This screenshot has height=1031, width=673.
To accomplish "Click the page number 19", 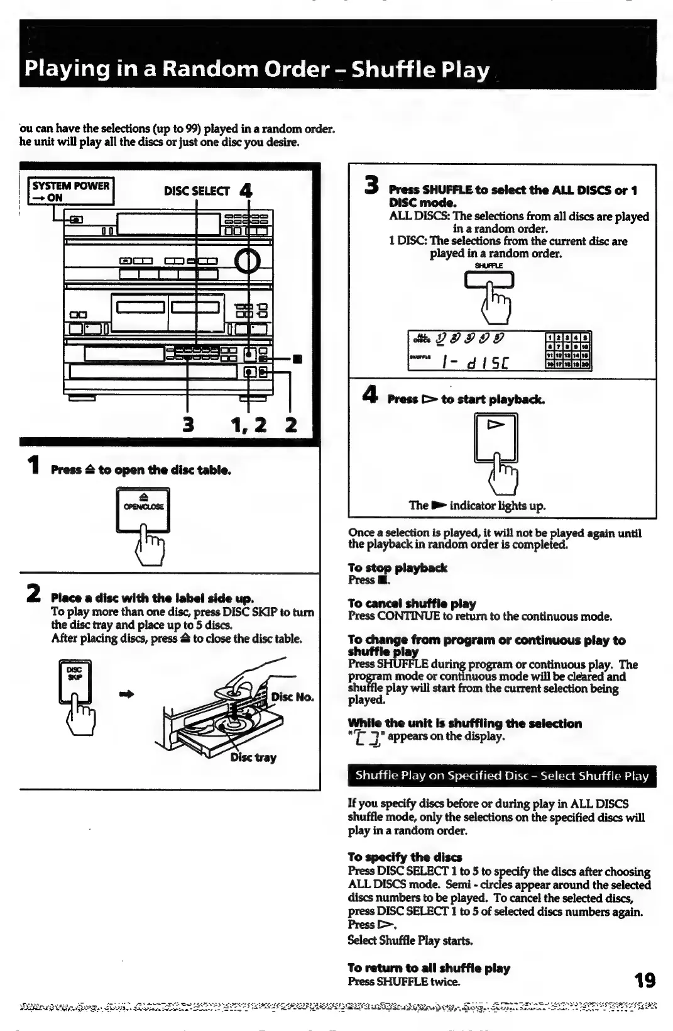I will pos(644,979).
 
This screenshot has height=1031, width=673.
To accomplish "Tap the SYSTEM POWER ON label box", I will pos(70,191).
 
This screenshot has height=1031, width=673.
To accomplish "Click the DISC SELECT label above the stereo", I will pos(196,191).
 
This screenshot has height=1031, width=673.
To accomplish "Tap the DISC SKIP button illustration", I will pos(75,682).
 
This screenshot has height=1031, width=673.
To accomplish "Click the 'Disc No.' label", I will pos(292,697).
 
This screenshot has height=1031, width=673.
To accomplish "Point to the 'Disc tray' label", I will pos(253,757).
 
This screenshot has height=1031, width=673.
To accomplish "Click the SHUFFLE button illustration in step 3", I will pos(489,279).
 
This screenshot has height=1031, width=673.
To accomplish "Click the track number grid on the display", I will pos(567,350).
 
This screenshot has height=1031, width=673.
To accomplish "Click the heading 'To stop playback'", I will pos(397,568).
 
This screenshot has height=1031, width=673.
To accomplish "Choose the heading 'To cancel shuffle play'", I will pos(412,604).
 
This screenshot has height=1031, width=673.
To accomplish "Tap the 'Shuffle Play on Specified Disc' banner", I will pos(501,776).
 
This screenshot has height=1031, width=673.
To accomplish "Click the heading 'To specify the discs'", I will pos(405,857).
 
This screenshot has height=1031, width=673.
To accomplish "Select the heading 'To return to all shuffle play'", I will pos(429,968).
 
